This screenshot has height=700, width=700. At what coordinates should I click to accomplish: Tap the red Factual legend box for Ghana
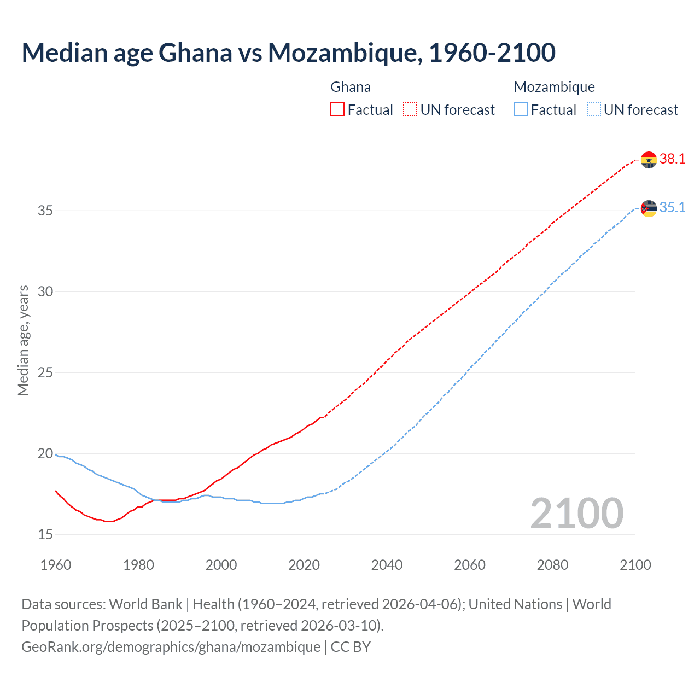[337, 110]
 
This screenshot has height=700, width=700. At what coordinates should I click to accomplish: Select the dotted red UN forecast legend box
[410, 110]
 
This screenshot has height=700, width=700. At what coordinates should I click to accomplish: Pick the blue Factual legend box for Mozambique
[521, 110]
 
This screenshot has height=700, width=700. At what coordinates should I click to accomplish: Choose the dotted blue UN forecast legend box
[594, 110]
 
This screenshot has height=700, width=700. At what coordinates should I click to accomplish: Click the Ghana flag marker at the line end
[649, 160]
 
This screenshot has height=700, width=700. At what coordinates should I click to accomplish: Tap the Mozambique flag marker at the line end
[649, 208]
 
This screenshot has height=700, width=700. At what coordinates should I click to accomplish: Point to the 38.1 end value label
[672, 159]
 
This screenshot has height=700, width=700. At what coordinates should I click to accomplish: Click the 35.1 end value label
[672, 208]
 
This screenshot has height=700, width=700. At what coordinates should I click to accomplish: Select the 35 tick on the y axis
[45, 211]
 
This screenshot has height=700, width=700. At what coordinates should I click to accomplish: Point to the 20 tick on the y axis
[45, 453]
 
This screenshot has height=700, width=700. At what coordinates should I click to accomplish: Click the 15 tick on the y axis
[45, 534]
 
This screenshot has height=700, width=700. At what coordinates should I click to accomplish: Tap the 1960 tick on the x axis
[56, 565]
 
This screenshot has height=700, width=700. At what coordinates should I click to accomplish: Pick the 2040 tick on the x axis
[387, 565]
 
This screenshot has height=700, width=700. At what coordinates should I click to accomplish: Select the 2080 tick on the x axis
[552, 565]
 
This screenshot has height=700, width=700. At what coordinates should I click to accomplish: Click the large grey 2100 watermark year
[576, 514]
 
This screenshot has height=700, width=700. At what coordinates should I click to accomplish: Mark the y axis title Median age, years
[23, 340]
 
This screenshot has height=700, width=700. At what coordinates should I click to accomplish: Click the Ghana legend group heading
[351, 87]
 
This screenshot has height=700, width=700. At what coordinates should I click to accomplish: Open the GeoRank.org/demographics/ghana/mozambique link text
[171, 647]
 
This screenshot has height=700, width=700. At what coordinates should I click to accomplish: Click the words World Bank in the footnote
[145, 604]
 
